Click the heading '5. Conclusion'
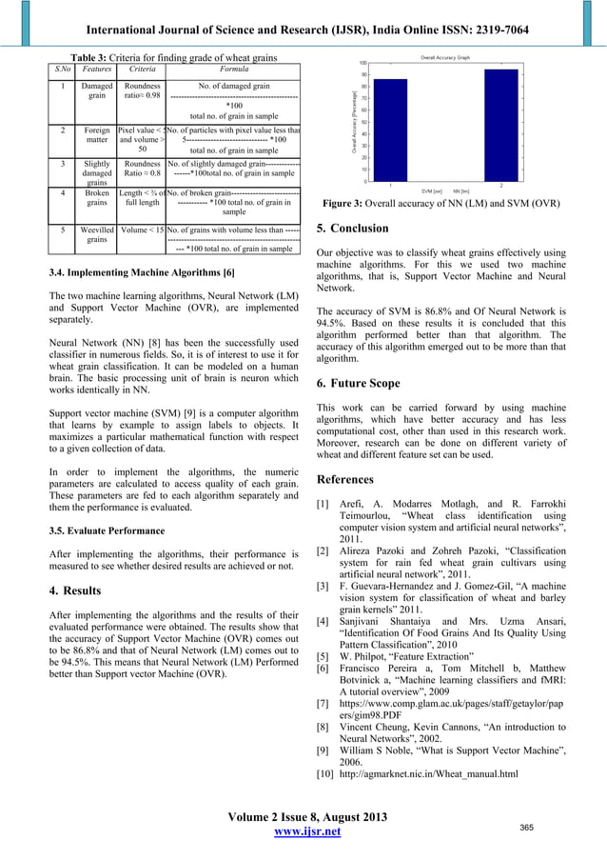tap(351, 229)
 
